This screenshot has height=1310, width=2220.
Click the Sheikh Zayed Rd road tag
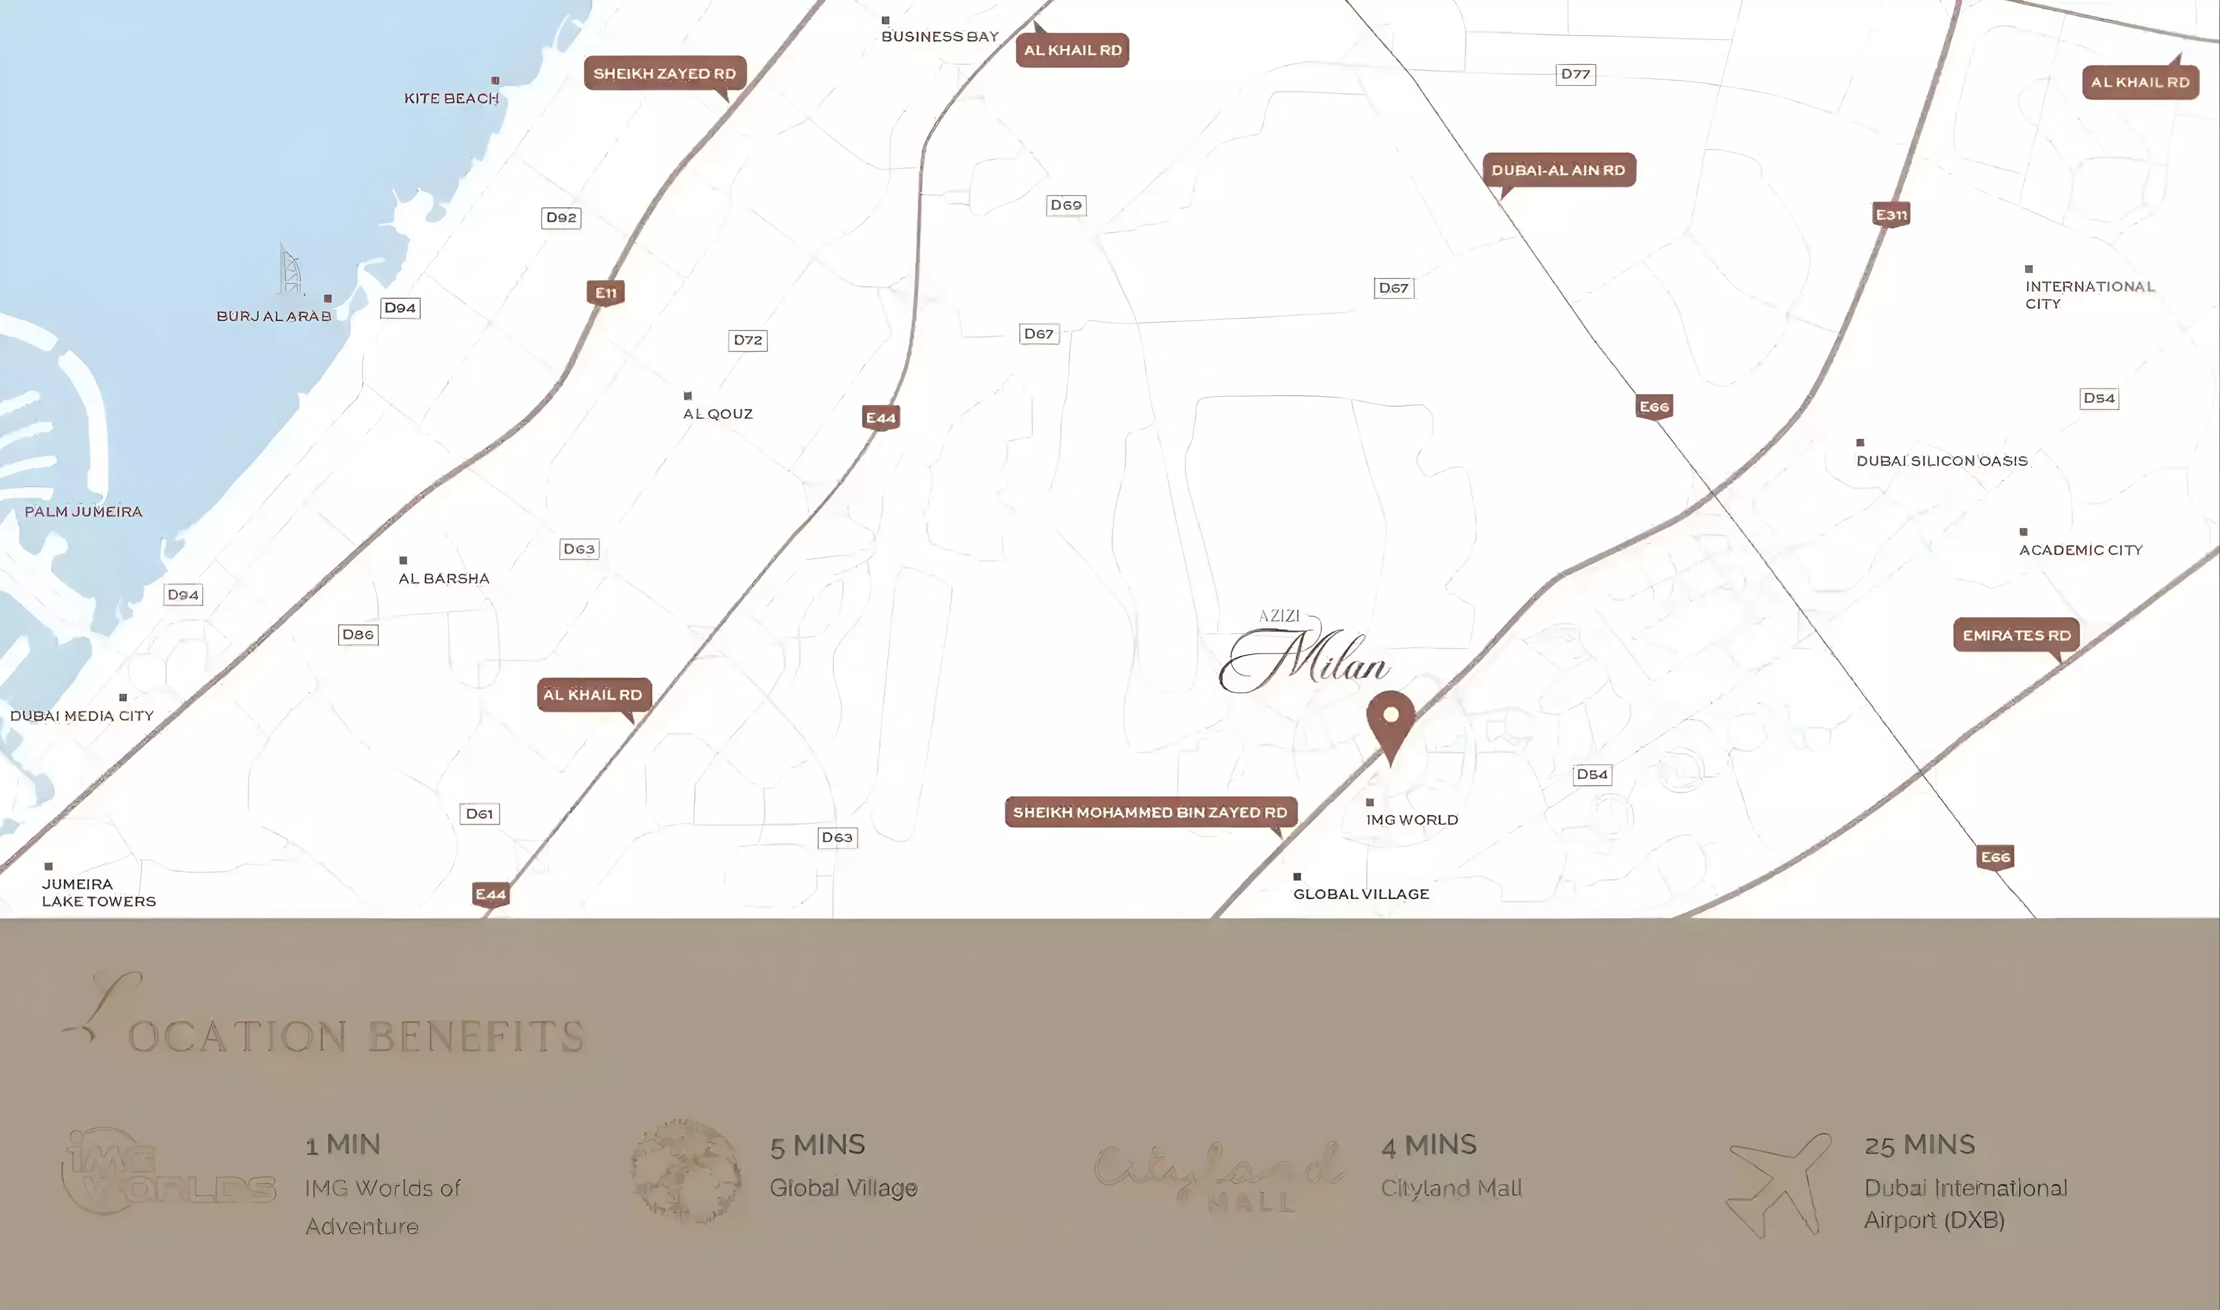coord(665,73)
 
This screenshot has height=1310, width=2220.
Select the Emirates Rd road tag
coord(2016,635)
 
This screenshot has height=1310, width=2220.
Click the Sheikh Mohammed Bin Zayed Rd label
coord(1150,812)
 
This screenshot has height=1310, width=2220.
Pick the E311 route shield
coord(1891,215)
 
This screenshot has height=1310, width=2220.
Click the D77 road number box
coord(1575,74)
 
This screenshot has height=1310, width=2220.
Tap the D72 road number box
coord(747,340)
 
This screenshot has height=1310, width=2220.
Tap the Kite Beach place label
coord(451,98)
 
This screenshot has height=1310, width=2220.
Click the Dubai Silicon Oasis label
coord(1941,461)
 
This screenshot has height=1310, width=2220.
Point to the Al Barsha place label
coord(444,578)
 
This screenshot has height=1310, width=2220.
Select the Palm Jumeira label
coord(83,511)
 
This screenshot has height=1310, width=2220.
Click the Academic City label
coord(2081,550)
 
